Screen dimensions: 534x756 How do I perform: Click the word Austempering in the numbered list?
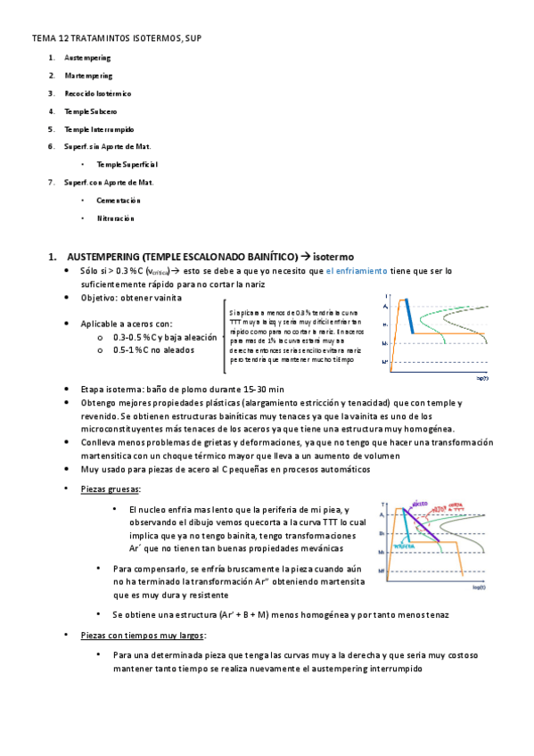[87, 58]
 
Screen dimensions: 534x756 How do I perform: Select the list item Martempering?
[88, 76]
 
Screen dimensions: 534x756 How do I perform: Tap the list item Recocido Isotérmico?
[97, 93]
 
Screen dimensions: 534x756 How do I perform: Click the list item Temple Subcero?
[90, 111]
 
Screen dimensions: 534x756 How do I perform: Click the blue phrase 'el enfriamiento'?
[357, 270]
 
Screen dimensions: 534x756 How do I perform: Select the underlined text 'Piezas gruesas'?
[110, 489]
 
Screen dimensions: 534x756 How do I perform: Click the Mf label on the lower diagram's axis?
[382, 571]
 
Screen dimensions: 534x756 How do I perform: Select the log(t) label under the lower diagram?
[479, 588]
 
